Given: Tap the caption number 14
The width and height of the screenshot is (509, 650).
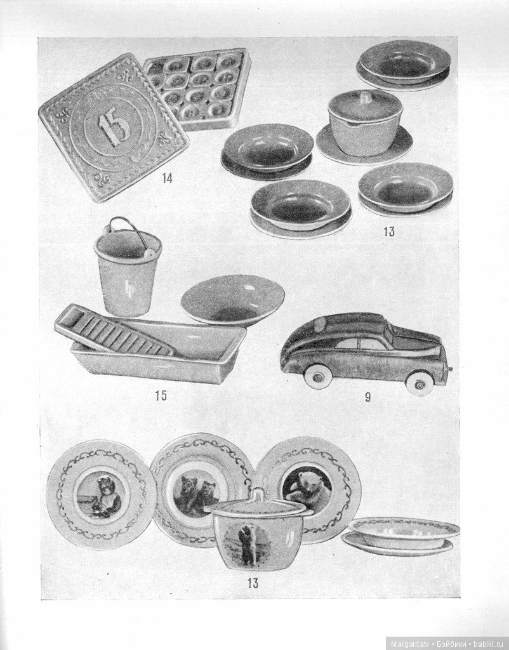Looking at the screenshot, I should click(x=167, y=178).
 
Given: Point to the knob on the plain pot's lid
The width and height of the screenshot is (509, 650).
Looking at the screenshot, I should click(x=365, y=96).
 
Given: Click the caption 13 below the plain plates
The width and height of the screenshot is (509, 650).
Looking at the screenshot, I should click(x=389, y=232).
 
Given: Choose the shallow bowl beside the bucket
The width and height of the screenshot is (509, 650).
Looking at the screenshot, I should click(x=233, y=298).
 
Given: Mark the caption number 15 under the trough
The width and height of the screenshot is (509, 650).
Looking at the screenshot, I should click(x=161, y=396).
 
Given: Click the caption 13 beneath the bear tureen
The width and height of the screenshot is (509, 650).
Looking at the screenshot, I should click(x=253, y=583).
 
